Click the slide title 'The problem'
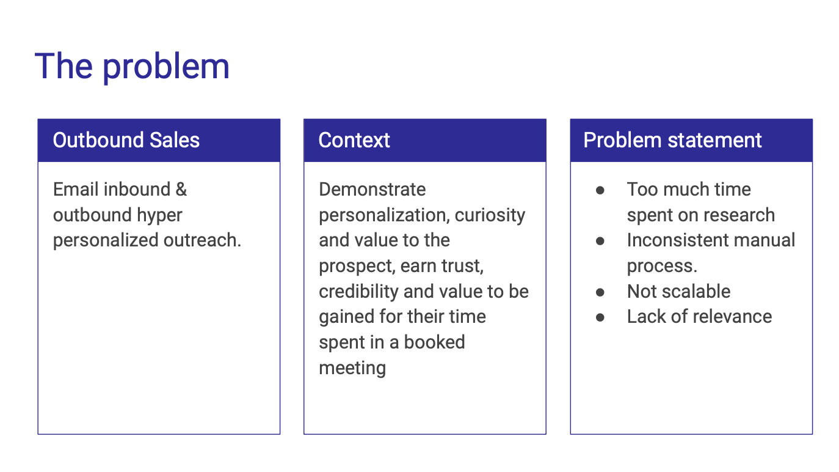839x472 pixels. (x=132, y=67)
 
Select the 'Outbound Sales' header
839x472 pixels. (x=126, y=140)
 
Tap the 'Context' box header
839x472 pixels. (x=354, y=140)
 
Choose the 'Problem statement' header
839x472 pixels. (x=672, y=140)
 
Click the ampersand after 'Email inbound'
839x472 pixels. (x=181, y=189)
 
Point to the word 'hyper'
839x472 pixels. (x=159, y=216)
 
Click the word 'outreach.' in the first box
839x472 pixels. (x=202, y=240)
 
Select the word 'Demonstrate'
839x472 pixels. (x=372, y=190)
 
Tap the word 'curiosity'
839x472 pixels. (x=490, y=216)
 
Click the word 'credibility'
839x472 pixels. (x=358, y=292)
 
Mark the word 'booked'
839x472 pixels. (x=435, y=342)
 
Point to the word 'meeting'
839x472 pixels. (x=352, y=368)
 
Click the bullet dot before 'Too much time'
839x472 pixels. (x=600, y=190)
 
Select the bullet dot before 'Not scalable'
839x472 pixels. (x=600, y=292)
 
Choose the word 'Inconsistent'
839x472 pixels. (x=674, y=240)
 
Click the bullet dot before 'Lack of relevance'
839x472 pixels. (x=600, y=317)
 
